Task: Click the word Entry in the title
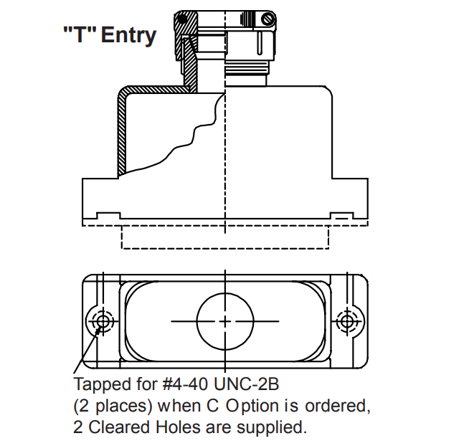[129, 36]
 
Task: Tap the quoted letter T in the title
[80, 34]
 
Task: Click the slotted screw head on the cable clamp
[268, 19]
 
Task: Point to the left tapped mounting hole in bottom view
[103, 322]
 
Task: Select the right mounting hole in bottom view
[347, 322]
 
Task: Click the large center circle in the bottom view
[225, 321]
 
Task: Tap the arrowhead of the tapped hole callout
[98, 331]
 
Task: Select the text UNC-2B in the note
[247, 384]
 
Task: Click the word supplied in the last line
[272, 428]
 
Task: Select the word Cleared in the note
[119, 427]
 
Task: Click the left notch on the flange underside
[108, 216]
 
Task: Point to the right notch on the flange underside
[342, 216]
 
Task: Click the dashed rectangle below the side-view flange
[225, 248]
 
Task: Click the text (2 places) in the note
[113, 407]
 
